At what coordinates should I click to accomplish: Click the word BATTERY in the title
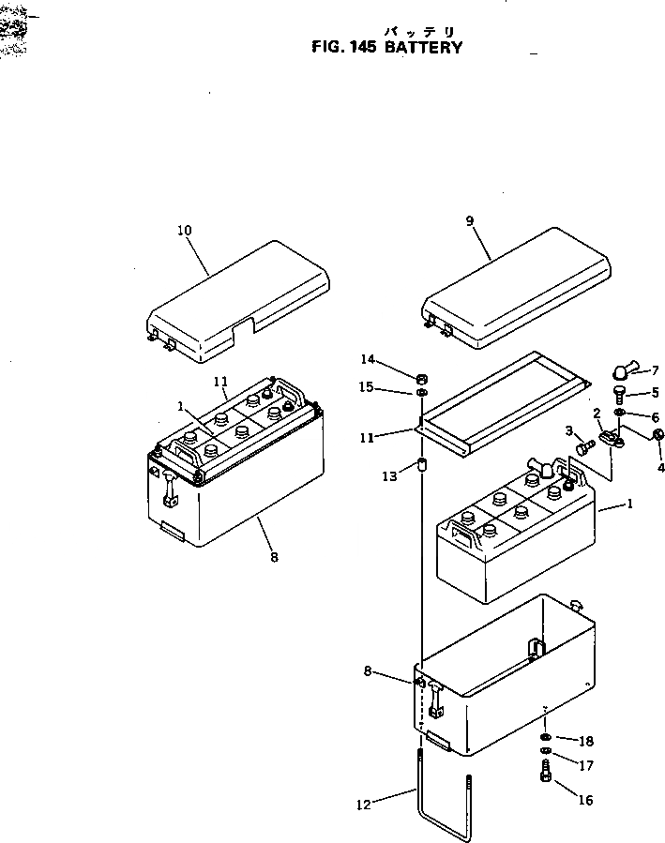coord(423,48)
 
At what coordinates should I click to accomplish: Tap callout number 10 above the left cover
coord(183,230)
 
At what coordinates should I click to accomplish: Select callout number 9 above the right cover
coord(470,221)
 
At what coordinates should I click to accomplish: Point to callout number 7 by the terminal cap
coord(655,370)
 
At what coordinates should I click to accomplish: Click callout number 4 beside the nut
coord(660,467)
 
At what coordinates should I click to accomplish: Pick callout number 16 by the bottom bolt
coord(586,801)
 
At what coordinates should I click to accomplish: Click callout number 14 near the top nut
coord(368,359)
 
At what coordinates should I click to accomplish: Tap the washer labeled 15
coord(422,392)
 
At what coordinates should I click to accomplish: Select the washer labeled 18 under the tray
coord(546,736)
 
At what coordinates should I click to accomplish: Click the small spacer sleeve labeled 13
coord(422,465)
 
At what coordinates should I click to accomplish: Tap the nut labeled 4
coord(658,434)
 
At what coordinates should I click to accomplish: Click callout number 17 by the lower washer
coord(586,766)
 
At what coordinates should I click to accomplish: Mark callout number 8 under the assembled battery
coord(274,556)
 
